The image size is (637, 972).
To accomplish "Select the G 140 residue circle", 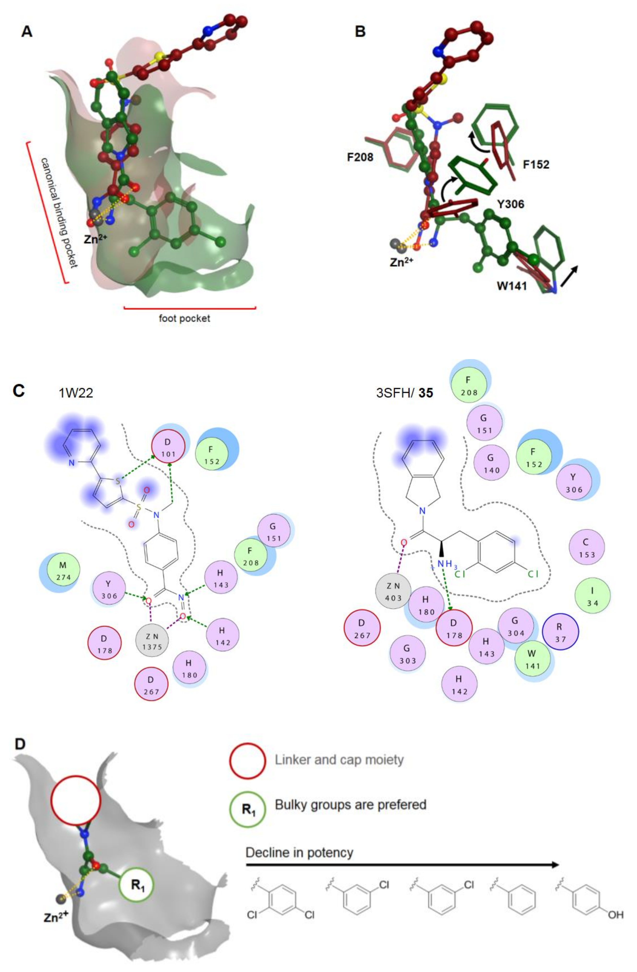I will click(x=492, y=463).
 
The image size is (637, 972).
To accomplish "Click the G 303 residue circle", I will click(x=408, y=653).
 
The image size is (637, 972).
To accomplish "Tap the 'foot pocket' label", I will click(x=185, y=319).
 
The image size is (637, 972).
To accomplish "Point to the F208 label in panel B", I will click(x=360, y=157).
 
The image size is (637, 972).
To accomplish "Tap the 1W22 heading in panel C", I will click(x=76, y=392).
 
